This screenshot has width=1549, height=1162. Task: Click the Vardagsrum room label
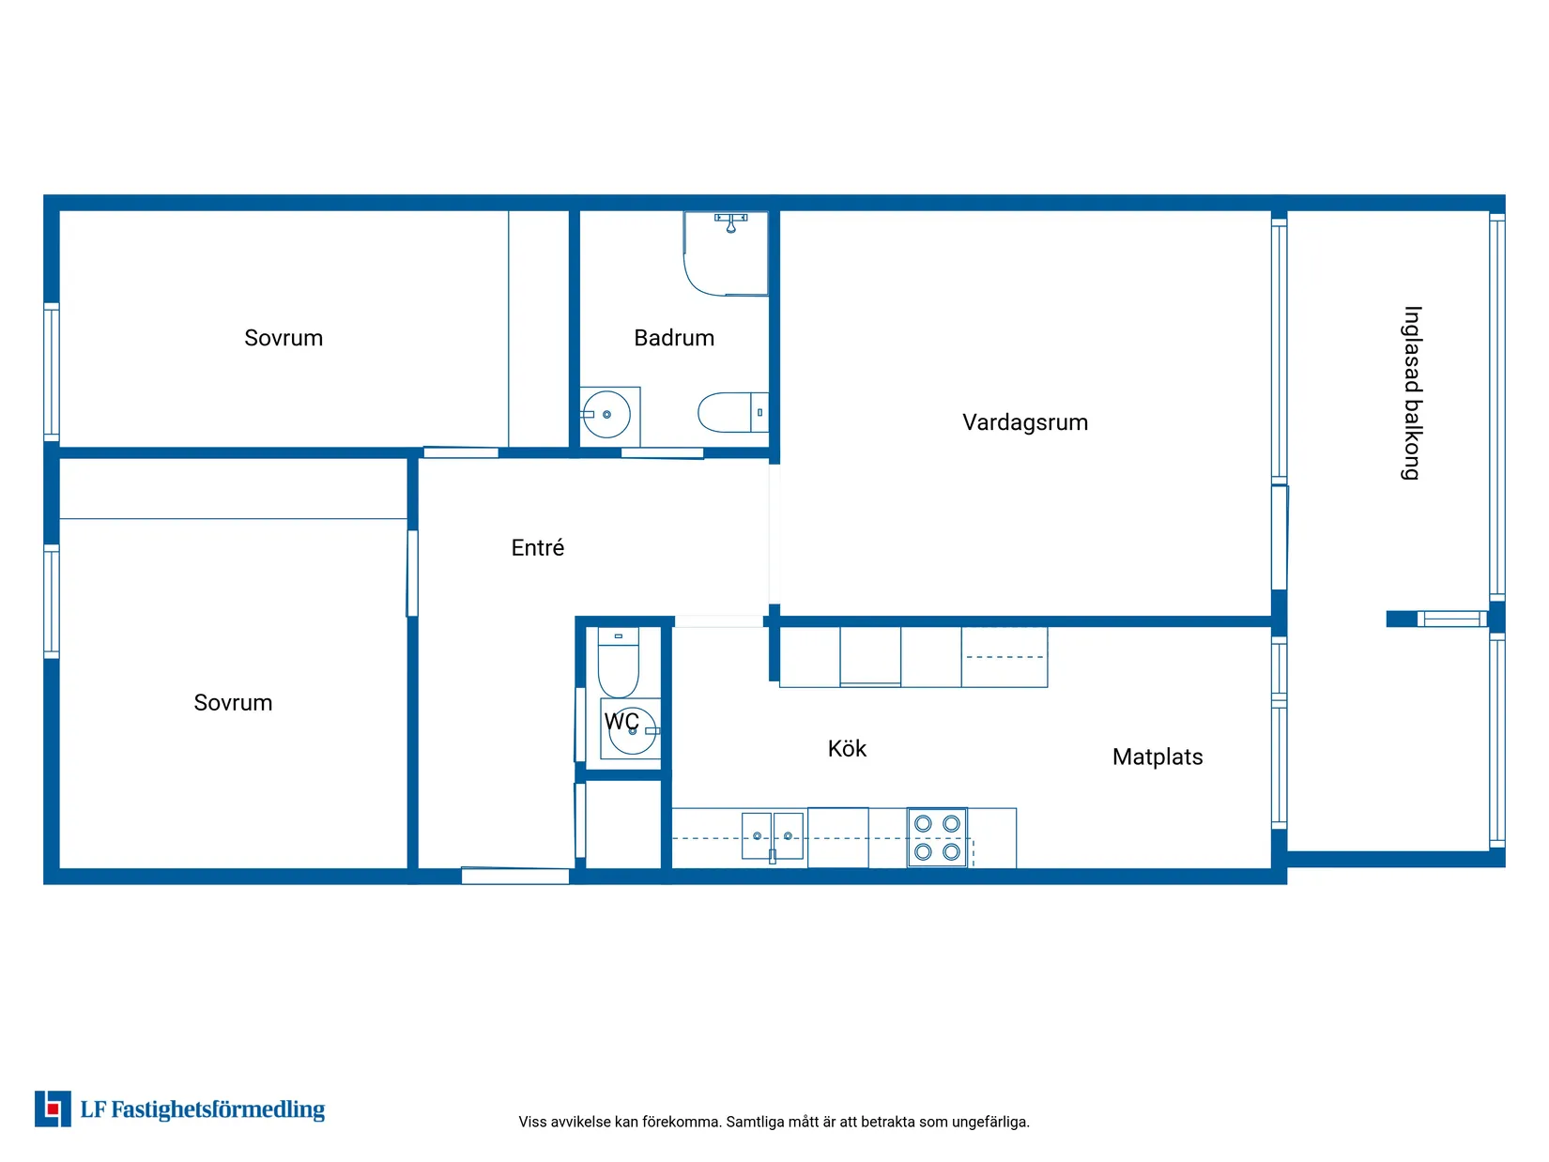pos(1024,422)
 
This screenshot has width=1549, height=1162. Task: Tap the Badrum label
pos(674,338)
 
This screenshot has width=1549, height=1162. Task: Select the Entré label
pos(538,547)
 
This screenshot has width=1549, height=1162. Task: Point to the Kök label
pos(847,748)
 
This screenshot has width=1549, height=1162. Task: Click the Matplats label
pos(1158,757)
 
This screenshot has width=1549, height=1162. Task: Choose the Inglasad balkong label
pos(1411,393)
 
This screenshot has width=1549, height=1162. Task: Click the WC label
pos(621,722)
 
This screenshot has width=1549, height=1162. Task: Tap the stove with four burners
pos(937,837)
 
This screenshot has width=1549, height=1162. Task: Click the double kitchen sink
pos(772,836)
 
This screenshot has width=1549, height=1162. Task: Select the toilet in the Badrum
pos(733,412)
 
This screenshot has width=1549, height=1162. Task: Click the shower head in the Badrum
pos(731,223)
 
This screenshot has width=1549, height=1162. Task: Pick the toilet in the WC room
pos(618,662)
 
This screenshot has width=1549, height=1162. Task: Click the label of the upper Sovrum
pos(284,338)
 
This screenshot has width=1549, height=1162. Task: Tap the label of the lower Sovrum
pos(233,703)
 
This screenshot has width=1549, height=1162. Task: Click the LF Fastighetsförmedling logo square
pos(53,1108)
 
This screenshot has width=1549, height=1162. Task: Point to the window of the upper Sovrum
pos(52,373)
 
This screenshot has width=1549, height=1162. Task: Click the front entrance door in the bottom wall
pos(515,876)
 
